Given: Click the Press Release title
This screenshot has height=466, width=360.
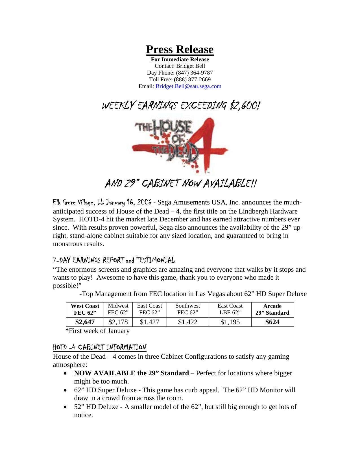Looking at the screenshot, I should pyautogui.click(x=180, y=49).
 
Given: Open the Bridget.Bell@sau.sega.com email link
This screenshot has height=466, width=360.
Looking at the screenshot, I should pyautogui.click(x=188, y=86).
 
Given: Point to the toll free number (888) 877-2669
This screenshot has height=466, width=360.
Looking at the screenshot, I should pyautogui.click(x=192, y=80).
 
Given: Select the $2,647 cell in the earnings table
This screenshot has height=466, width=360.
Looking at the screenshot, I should pyautogui.click(x=85, y=322).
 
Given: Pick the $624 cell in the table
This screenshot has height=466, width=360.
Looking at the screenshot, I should pyautogui.click(x=272, y=322).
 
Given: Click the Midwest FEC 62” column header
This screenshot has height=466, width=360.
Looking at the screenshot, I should pyautogui.click(x=118, y=309).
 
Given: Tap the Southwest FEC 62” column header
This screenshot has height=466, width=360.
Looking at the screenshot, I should pyautogui.click(x=187, y=309).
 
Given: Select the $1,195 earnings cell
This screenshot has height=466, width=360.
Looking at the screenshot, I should pyautogui.click(x=230, y=322).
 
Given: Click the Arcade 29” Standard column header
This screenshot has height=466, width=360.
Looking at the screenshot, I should pyautogui.click(x=272, y=309).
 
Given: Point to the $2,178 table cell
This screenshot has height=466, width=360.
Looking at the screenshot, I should pyautogui.click(x=118, y=322).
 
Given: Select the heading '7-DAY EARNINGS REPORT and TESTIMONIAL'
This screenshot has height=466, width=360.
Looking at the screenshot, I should pyautogui.click(x=114, y=260).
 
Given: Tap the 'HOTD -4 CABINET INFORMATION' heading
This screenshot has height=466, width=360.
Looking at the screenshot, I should pyautogui.click(x=100, y=347).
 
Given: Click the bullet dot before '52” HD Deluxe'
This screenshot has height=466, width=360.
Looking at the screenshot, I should pyautogui.click(x=66, y=407).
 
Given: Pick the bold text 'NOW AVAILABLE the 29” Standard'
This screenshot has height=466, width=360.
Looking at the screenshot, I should pyautogui.click(x=131, y=373).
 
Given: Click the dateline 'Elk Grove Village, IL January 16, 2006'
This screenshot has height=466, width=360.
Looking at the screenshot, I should pyautogui.click(x=102, y=202).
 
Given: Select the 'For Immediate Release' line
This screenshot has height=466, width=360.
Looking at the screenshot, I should pyautogui.click(x=180, y=60).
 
